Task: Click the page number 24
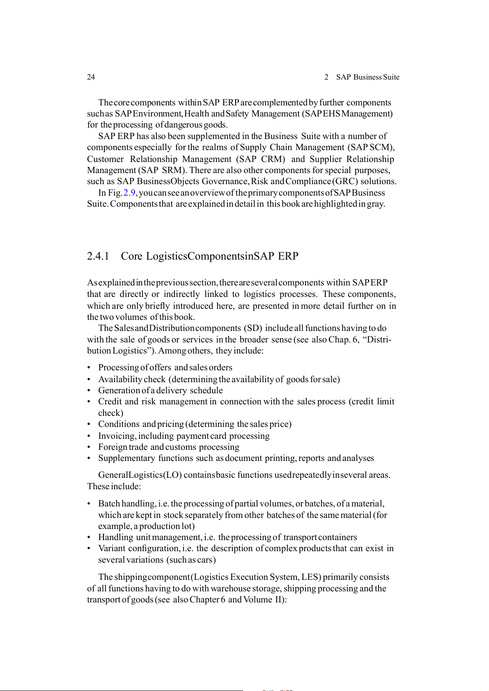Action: [91, 77]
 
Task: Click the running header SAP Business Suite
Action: [367, 77]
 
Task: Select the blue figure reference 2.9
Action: [129, 193]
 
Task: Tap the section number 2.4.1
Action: [98, 256]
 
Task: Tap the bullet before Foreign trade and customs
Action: [89, 447]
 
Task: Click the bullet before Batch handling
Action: [89, 504]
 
